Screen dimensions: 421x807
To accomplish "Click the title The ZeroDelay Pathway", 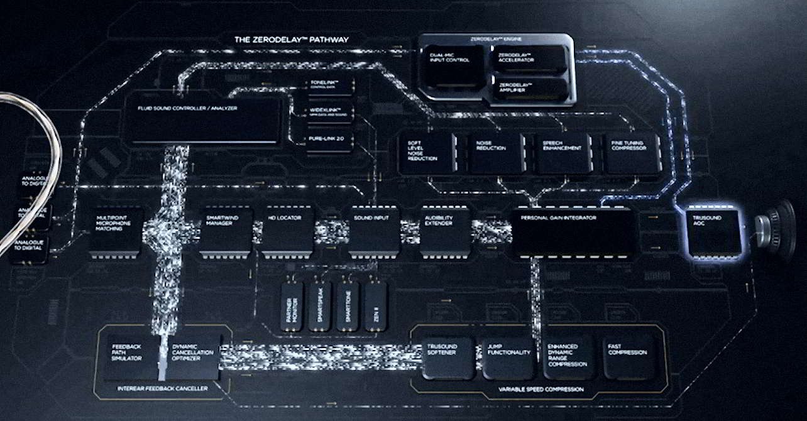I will [x=291, y=40].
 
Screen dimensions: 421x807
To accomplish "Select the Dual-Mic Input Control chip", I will [x=453, y=66].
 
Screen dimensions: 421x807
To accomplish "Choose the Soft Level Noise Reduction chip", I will [x=427, y=153].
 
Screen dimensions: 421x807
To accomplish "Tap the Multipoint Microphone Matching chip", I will [x=116, y=231].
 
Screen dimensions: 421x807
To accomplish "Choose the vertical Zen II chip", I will [x=375, y=307].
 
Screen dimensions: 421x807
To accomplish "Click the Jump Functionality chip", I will [x=508, y=359].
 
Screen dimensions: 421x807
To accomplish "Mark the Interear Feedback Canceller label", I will [x=162, y=389].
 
